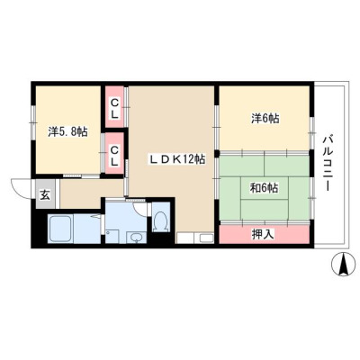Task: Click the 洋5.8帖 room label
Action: click(68, 132)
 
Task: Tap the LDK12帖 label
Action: click(177, 159)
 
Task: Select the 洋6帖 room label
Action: click(265, 119)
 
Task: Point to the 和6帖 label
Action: click(265, 188)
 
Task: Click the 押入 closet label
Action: click(263, 234)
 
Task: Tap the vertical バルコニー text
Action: click(327, 164)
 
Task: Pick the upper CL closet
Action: click(114, 107)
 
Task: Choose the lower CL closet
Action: click(114, 153)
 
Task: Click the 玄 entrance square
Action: click(45, 194)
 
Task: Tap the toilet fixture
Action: click(161, 220)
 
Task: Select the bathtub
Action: click(60, 228)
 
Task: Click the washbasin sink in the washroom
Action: click(137, 238)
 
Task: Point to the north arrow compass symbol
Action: click(343, 264)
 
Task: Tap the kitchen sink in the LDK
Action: click(206, 238)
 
